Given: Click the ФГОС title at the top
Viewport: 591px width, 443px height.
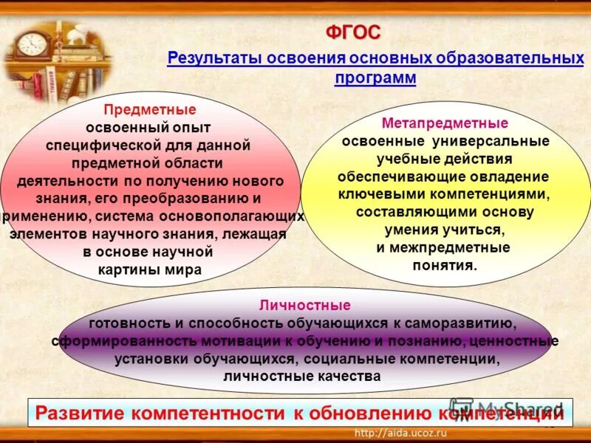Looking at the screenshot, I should pos(353,32).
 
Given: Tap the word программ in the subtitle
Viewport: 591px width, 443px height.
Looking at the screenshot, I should pos(375,78).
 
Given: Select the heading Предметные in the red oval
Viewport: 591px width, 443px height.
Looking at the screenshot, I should pos(149,110).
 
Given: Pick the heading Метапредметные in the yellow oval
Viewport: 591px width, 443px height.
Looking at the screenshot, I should pos(445,123).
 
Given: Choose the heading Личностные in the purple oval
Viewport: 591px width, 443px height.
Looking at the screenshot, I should pos(304,305).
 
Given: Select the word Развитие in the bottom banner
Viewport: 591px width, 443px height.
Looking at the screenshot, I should pos(81,413).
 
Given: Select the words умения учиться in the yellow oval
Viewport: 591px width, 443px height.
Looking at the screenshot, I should pos(445,230).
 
